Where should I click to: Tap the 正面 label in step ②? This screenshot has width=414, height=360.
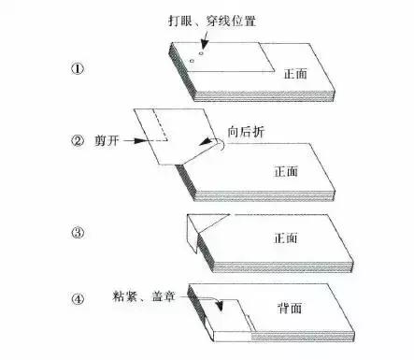click(x=287, y=171)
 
